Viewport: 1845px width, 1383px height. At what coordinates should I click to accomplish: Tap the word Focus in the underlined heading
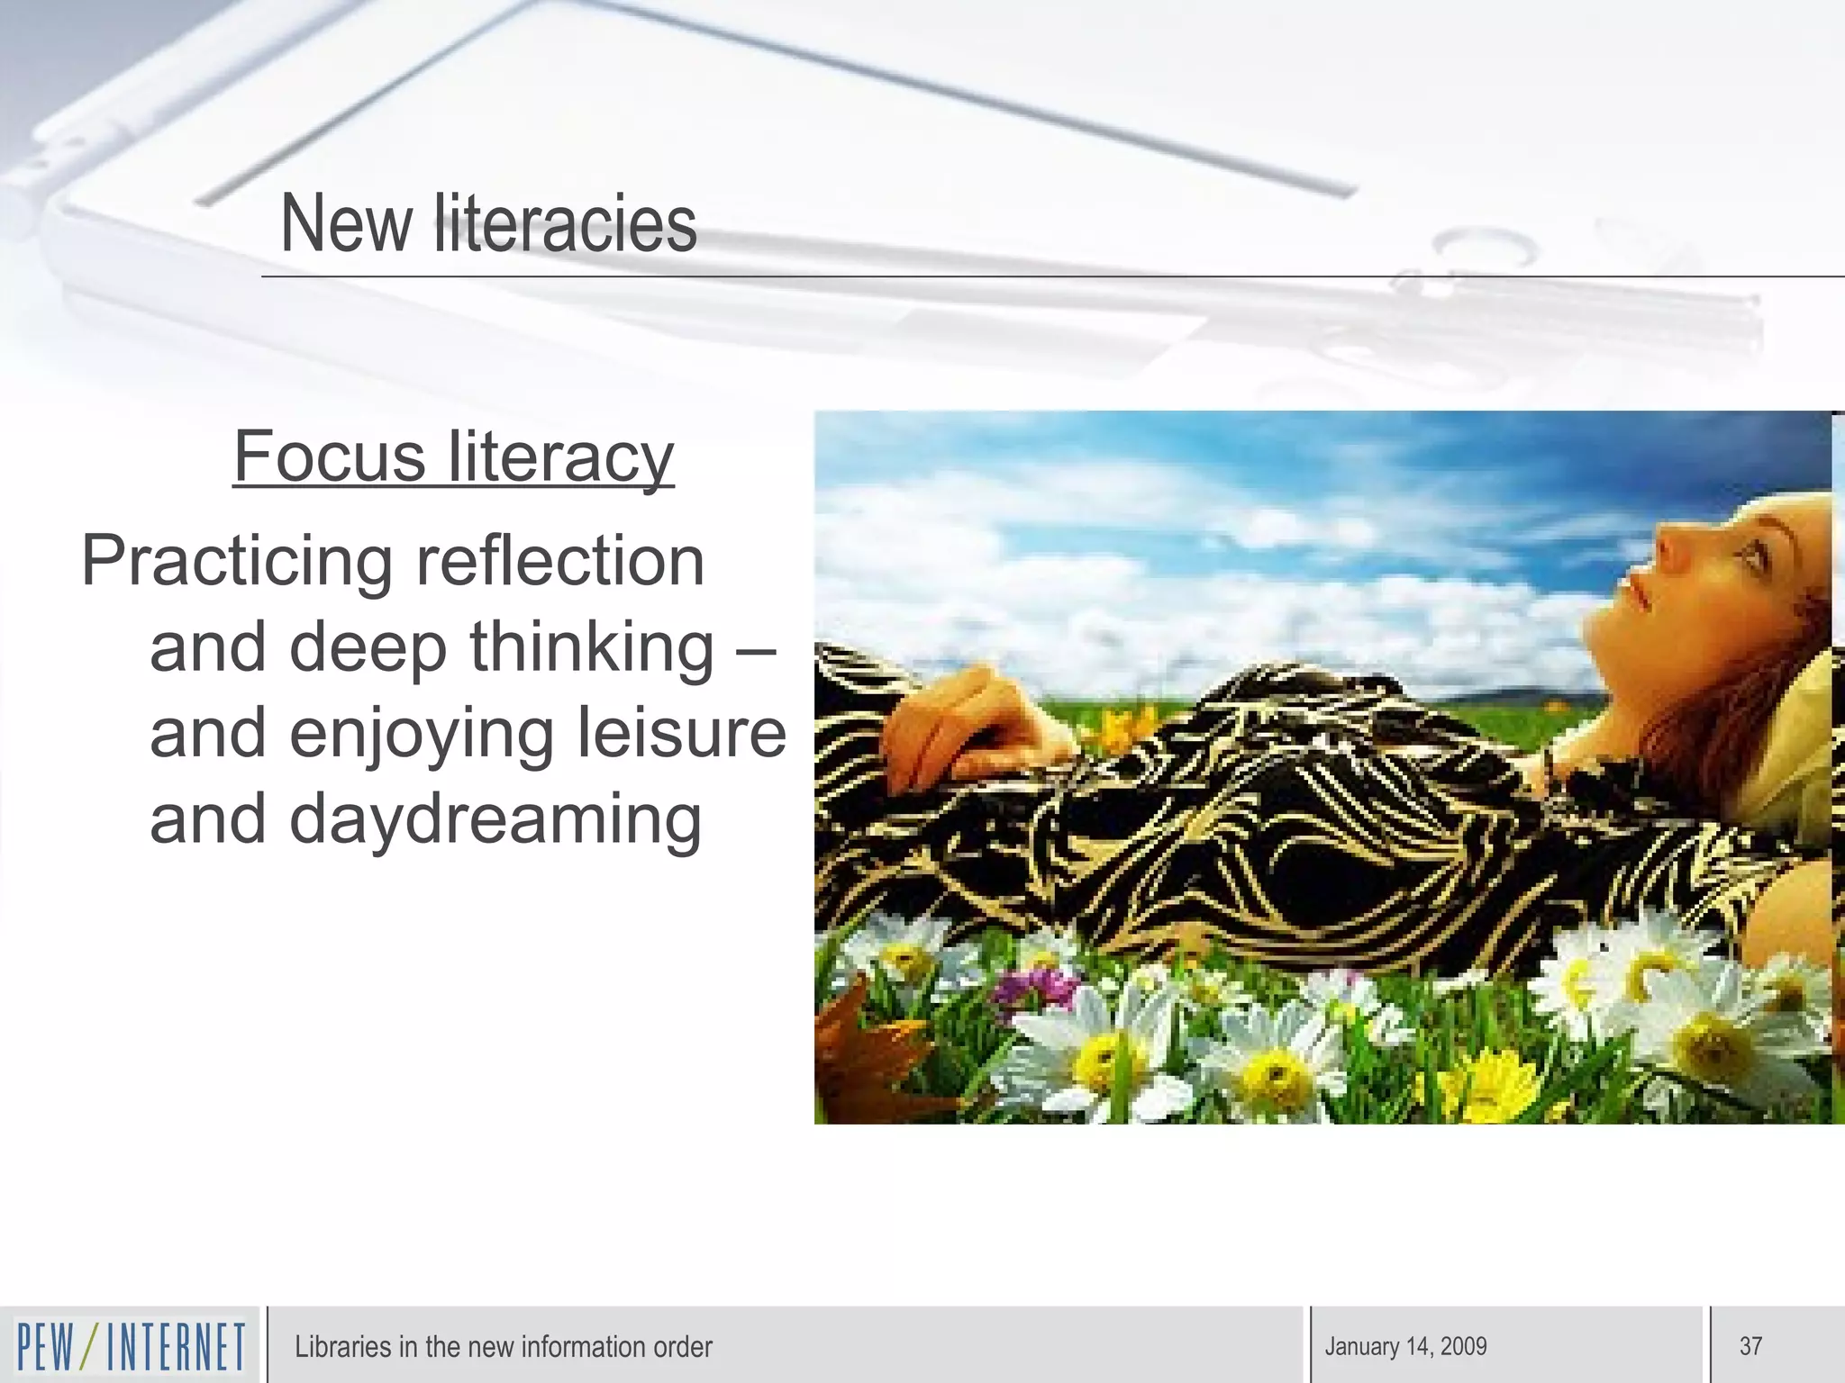[329, 456]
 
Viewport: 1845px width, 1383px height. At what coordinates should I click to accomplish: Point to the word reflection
[559, 560]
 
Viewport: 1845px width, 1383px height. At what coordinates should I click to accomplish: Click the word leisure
[681, 733]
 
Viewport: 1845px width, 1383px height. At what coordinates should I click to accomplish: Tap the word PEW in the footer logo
[46, 1347]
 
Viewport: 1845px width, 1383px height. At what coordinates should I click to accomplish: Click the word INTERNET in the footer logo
[176, 1347]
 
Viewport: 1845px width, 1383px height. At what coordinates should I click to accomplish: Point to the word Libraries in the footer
[342, 1347]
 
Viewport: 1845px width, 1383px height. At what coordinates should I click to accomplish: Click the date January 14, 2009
[1405, 1347]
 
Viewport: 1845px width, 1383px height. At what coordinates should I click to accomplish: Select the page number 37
[1750, 1346]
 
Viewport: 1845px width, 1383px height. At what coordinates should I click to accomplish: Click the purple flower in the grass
[1036, 986]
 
